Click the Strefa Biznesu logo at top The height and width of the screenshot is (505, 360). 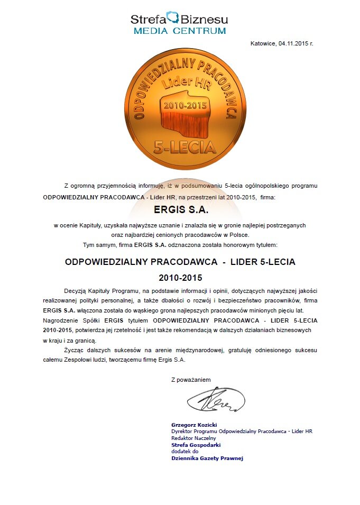179,19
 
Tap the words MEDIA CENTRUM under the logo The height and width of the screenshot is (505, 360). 179,31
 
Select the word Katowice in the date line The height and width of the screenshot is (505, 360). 263,43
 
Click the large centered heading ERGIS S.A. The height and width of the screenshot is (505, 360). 180,210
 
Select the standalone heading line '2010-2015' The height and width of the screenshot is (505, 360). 180,277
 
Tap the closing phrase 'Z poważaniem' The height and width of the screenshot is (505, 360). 191,380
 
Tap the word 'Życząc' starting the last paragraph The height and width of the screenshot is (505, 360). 73,351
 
